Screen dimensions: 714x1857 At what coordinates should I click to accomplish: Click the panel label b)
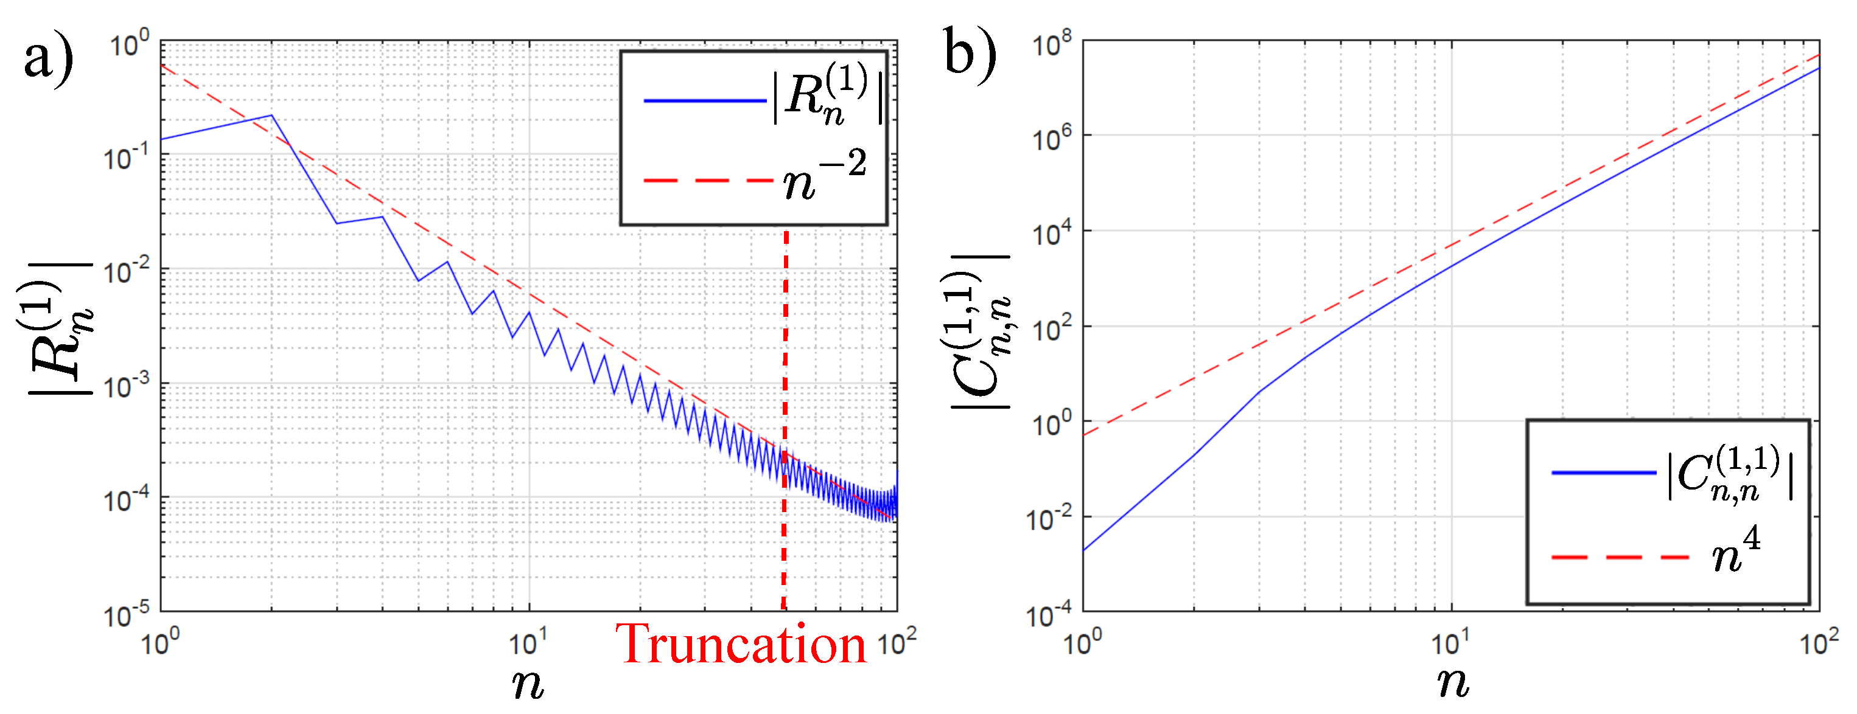coord(970,55)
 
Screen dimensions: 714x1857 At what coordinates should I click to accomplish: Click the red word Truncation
coord(740,645)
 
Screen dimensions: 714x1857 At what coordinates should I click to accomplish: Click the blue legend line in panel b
coord(1603,473)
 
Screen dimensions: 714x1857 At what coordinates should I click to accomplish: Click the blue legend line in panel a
coord(704,101)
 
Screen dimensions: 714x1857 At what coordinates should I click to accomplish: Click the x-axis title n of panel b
coord(1452,683)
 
